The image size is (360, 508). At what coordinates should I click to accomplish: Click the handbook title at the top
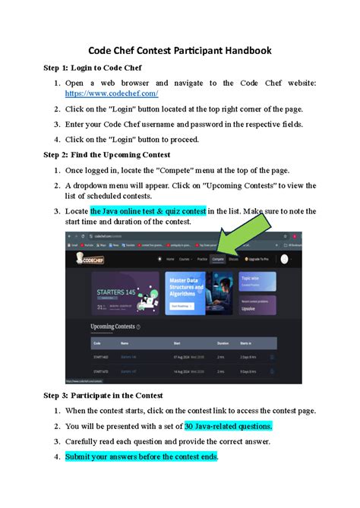[180, 51]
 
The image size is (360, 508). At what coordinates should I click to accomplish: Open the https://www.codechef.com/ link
[112, 93]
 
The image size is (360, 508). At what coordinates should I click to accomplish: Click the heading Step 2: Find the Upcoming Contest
[128, 155]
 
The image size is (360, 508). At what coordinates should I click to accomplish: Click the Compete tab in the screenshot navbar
[218, 258]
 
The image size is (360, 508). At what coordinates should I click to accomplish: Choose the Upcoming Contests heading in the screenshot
[113, 327]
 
